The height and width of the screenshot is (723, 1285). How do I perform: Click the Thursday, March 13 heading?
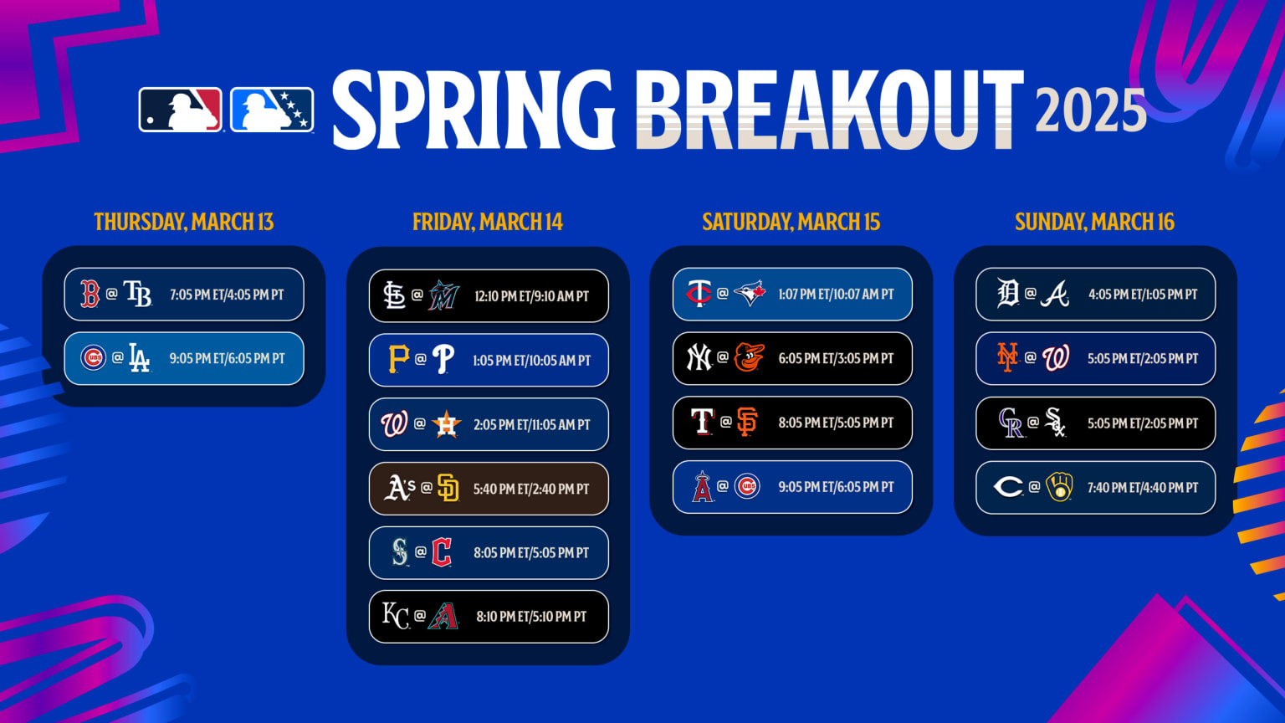click(184, 222)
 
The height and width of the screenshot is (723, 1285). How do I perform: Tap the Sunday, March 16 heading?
click(1094, 222)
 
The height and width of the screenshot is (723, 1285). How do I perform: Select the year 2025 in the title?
click(1091, 111)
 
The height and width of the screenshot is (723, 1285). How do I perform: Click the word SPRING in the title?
click(474, 110)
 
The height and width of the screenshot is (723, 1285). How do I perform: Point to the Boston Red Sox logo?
click(90, 294)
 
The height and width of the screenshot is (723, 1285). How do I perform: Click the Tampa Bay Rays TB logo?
click(138, 294)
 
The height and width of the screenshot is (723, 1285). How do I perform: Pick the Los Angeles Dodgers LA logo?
click(139, 358)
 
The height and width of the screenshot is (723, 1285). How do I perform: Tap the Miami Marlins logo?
click(443, 295)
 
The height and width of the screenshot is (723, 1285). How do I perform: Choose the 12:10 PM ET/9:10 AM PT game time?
click(531, 296)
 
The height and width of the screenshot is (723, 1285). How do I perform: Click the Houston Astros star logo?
click(447, 424)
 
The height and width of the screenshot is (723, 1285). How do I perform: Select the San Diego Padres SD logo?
click(448, 488)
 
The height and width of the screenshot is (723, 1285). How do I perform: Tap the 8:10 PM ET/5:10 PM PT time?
click(531, 617)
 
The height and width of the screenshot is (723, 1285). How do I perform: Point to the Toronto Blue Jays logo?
click(749, 294)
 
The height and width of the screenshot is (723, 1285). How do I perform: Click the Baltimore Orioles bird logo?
click(749, 358)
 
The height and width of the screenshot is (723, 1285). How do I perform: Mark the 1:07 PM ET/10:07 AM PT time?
click(836, 295)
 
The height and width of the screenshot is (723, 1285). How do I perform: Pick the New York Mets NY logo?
click(1007, 358)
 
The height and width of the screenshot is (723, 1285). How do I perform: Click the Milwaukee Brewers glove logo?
click(1059, 487)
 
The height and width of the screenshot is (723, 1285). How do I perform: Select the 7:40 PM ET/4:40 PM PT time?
click(1142, 488)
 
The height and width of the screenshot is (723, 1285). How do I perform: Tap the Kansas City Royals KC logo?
click(395, 616)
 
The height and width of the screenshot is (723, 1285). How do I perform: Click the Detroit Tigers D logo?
click(1007, 294)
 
